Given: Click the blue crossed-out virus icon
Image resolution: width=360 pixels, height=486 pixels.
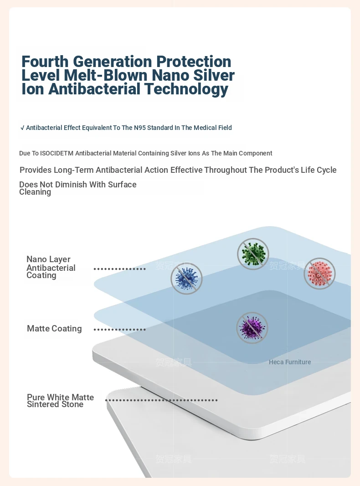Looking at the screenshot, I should point(186,278).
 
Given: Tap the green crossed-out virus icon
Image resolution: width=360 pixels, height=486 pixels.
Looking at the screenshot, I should point(253,254).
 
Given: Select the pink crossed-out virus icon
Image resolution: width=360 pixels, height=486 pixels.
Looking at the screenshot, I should point(319,274).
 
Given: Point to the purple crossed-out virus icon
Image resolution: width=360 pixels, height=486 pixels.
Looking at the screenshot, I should point(252,328).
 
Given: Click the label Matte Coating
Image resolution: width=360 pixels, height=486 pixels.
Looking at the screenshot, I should point(54,329).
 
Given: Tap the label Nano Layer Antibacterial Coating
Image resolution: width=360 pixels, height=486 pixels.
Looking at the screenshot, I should point(51,267).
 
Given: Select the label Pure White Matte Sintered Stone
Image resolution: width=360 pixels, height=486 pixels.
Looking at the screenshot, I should point(60,401).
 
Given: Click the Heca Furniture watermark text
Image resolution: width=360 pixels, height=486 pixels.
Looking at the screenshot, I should point(290,362).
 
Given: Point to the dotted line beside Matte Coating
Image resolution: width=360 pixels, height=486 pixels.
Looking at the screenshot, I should point(119,329).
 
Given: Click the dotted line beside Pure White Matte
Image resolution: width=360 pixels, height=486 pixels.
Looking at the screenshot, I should point(161,400).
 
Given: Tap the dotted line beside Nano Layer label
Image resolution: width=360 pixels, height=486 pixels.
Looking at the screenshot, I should point(119,269).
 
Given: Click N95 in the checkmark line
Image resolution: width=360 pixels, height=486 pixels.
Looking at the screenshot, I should point(140,128).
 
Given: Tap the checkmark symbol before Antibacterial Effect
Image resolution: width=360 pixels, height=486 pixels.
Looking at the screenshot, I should point(22,128).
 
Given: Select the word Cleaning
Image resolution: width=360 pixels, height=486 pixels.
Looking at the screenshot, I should point(35,192).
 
